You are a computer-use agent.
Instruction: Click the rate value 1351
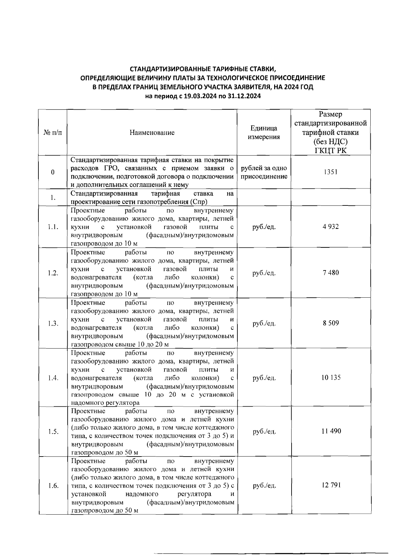point(331,172)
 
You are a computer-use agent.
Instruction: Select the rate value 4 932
point(331,227)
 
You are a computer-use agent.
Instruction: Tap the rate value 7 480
point(331,273)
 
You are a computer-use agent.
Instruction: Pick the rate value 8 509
point(331,323)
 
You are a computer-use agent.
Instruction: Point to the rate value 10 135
point(331,378)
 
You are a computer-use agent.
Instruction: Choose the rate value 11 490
point(331,431)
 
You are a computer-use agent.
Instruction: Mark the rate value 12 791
point(331,485)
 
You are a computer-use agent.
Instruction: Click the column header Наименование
point(152,133)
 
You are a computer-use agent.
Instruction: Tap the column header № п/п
point(53,133)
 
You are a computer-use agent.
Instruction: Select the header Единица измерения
point(264,133)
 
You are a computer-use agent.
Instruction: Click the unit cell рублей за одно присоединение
point(264,172)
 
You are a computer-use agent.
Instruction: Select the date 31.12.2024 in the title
point(244,96)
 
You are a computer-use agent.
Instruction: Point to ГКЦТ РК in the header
point(331,151)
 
